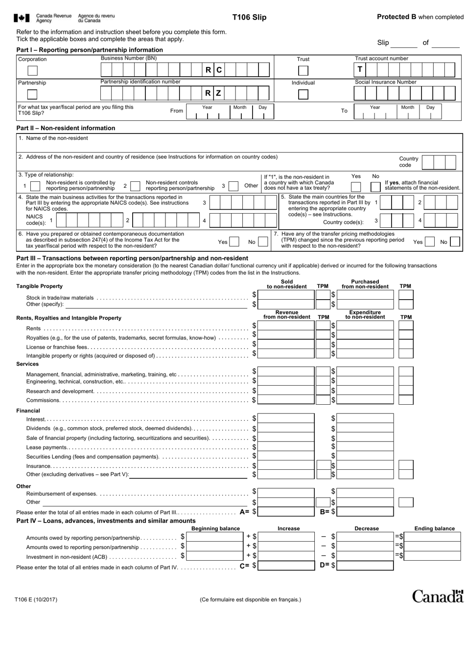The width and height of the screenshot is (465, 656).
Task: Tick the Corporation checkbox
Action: coord(32,70)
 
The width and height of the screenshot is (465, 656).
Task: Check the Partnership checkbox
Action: coord(32,94)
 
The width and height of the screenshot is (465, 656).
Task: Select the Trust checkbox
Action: coord(303,70)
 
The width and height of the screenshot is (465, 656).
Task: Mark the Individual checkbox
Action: coord(303,94)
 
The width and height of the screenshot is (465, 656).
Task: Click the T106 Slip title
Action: coord(249,17)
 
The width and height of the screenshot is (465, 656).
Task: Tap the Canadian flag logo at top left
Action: coord(22,18)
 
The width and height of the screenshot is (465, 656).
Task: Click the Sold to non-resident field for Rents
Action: coord(286,326)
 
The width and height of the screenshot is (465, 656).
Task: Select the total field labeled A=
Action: coord(286,512)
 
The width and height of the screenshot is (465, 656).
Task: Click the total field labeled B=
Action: coord(365,512)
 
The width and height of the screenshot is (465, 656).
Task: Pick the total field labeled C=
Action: coord(286,566)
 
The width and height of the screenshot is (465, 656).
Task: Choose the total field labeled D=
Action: coord(365,566)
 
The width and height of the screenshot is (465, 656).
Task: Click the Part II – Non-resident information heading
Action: coord(66,128)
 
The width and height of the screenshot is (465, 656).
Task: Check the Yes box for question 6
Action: coord(234,241)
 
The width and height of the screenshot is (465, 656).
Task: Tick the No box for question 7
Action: coord(455,241)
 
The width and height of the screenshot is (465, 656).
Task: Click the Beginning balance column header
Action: coord(215,528)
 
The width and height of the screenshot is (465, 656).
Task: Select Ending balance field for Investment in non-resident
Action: coord(433,556)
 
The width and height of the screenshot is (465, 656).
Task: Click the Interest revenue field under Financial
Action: coord(286,418)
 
